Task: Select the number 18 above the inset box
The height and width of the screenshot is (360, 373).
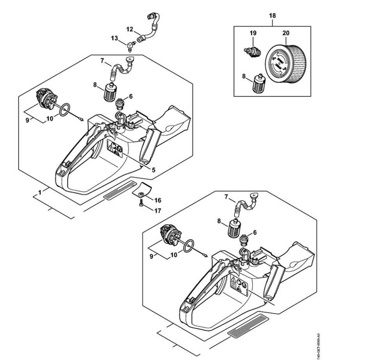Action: (272, 16)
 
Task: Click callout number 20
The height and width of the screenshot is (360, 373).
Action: (286, 33)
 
